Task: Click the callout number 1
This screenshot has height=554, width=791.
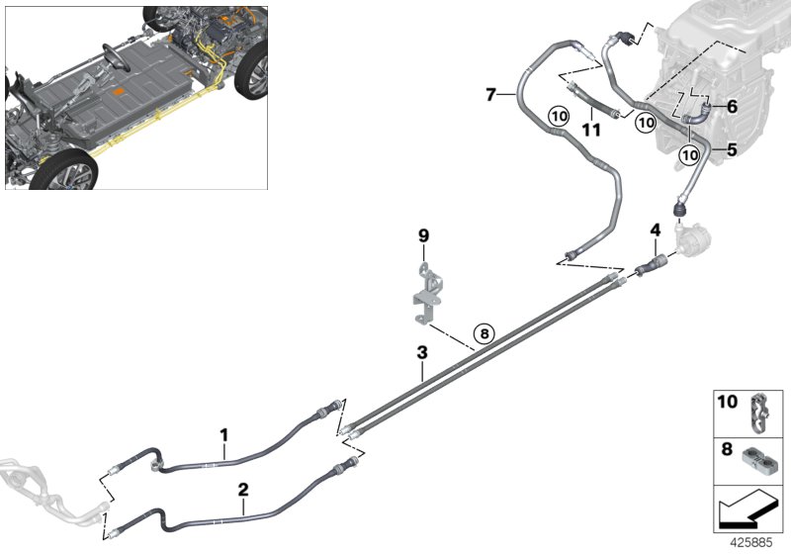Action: pos(224,433)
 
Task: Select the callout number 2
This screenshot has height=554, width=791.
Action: pos(242,489)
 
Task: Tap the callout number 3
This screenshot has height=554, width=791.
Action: pos(421,352)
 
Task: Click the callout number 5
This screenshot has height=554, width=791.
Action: pos(733,151)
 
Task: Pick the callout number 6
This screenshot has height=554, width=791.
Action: pos(733,106)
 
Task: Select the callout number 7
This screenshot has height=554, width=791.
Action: pos(490,94)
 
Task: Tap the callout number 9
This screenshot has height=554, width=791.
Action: pos(424,235)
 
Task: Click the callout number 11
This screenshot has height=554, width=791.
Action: pos(590,129)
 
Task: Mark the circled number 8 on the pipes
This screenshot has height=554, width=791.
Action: pos(483,333)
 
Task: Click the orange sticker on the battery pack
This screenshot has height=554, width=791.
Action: pos(119,93)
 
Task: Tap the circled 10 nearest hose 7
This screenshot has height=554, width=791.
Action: pos(558,116)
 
